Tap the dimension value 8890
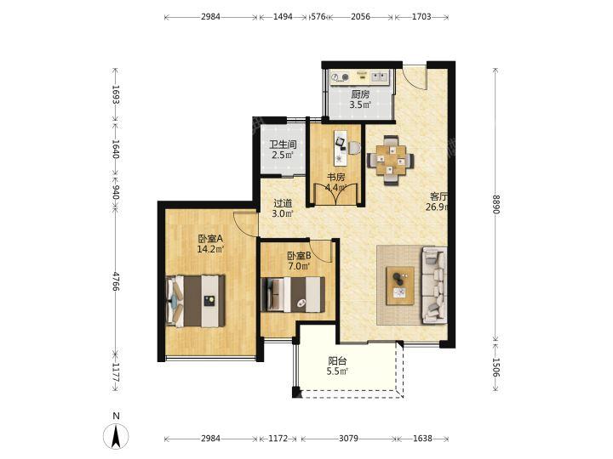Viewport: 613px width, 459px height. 496,205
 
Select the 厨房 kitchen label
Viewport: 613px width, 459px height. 360,94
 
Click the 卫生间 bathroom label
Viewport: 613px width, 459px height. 283,144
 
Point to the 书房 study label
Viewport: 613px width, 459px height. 335,177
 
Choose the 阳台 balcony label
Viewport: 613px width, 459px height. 337,361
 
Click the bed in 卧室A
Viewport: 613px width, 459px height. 196,301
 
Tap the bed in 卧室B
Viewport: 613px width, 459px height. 293,294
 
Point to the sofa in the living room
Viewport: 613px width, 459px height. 434,285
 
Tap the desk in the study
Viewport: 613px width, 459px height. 341,148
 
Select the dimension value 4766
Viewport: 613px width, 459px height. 116,281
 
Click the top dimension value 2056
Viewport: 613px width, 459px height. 360,17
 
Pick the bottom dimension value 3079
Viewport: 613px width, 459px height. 348,439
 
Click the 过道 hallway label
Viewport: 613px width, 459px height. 283,204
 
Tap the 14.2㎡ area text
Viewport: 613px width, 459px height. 210,249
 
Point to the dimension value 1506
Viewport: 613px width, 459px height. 496,368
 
